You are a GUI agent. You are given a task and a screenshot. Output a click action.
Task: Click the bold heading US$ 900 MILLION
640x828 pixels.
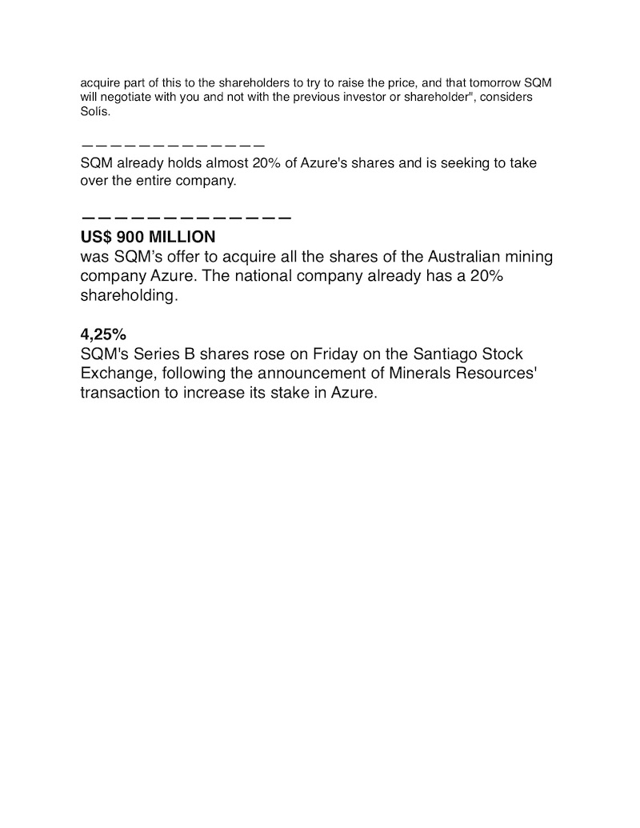pyautogui.click(x=148, y=238)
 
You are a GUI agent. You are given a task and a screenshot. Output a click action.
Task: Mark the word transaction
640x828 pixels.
pyautogui.click(x=120, y=393)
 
